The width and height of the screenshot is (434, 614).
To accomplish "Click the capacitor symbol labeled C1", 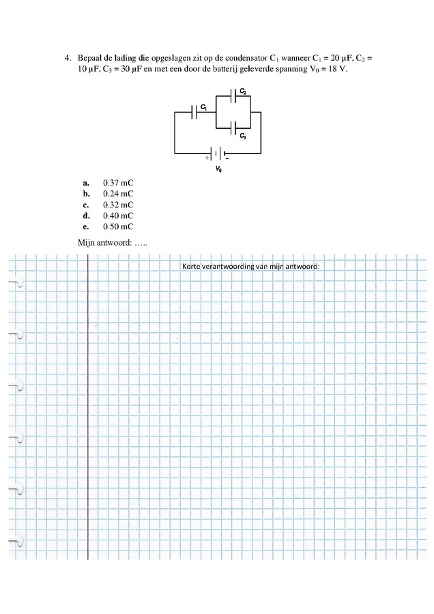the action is click(x=194, y=112).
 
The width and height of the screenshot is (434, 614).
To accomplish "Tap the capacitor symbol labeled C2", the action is click(x=233, y=96).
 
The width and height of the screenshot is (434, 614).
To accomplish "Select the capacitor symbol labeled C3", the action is click(x=233, y=128).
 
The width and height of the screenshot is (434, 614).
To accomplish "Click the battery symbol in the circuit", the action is click(x=218, y=153).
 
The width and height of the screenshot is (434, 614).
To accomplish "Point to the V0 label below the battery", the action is click(x=218, y=169).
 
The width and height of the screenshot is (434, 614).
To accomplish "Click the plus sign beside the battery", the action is click(x=207, y=158).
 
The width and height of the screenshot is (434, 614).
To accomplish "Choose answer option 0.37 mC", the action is click(x=118, y=183).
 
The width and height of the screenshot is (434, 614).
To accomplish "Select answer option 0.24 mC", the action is click(x=118, y=194).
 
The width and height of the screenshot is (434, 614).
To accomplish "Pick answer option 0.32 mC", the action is click(x=118, y=205).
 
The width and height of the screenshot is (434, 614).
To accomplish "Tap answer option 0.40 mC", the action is click(x=118, y=216).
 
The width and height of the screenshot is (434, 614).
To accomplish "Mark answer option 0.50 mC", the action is click(x=118, y=226).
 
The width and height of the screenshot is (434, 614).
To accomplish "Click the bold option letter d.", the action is click(x=86, y=216).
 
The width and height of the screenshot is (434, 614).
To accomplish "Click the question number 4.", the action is click(x=68, y=59).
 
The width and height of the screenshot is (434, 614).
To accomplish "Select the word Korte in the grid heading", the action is click(x=191, y=266).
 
